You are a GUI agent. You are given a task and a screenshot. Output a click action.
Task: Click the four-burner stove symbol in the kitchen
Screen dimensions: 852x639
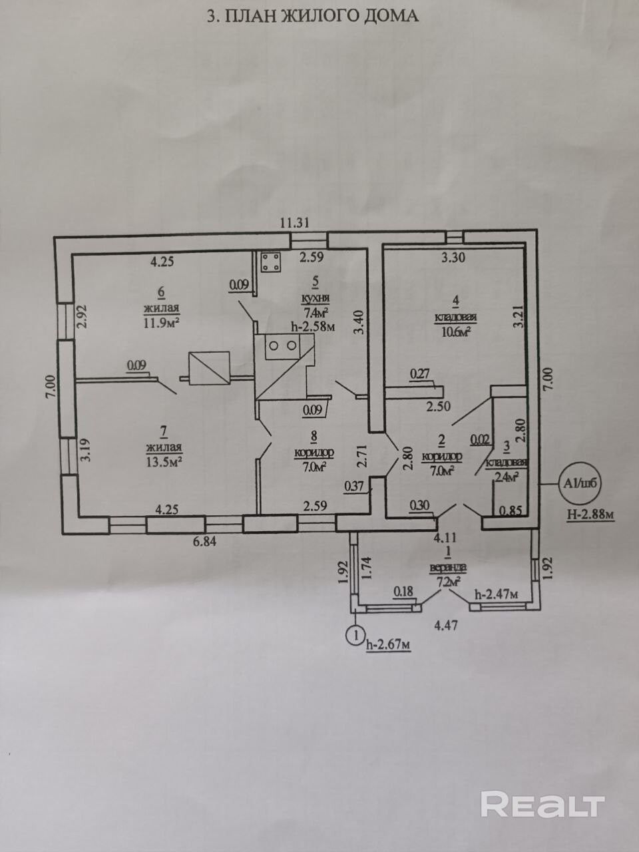pyautogui.click(x=270, y=262)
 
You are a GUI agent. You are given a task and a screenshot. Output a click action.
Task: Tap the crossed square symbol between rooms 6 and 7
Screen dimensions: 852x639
pyautogui.click(x=210, y=367)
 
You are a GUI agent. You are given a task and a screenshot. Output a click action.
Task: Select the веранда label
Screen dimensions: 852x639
pyautogui.click(x=448, y=568)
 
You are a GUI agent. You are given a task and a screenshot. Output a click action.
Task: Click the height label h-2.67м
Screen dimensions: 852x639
pyautogui.click(x=388, y=644)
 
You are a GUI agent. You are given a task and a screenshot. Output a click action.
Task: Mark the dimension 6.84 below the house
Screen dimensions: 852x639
pyautogui.click(x=206, y=540)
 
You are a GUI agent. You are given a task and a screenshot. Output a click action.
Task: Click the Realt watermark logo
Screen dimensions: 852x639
pyautogui.click(x=542, y=804)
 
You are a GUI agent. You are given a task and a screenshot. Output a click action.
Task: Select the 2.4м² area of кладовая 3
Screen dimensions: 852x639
pyautogui.click(x=507, y=476)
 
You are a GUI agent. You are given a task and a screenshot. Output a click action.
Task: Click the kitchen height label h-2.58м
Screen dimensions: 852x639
pyautogui.click(x=312, y=325)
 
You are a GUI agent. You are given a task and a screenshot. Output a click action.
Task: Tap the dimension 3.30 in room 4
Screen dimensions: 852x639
pyautogui.click(x=453, y=259)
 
